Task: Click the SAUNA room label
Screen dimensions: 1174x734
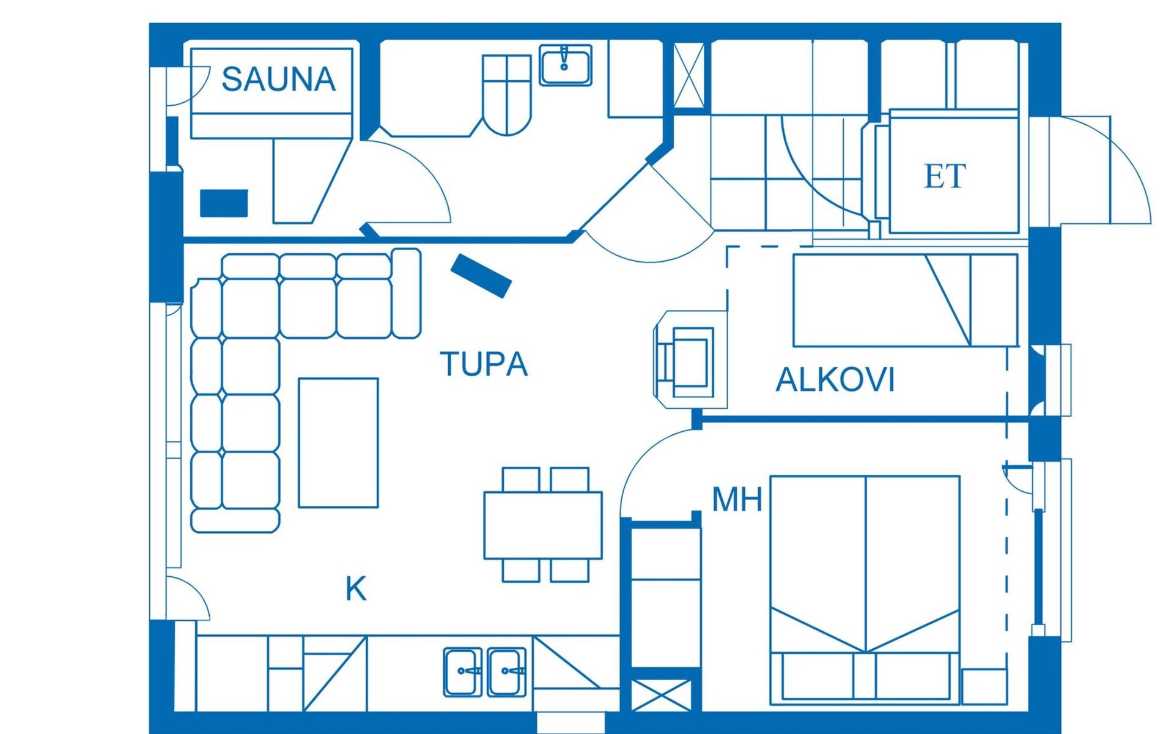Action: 279,79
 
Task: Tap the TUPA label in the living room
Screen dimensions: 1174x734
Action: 484,364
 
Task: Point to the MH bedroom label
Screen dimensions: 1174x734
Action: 737,499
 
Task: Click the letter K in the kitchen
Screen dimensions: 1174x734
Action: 356,589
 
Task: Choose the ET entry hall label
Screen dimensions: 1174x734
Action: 945,176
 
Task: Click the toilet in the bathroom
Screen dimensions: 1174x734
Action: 506,95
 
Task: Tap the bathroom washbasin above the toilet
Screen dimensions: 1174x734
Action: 565,65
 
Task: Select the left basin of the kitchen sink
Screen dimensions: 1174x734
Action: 462,672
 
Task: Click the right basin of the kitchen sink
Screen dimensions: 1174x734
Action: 507,672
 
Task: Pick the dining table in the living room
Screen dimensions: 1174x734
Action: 543,525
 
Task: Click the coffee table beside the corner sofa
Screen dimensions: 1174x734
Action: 338,443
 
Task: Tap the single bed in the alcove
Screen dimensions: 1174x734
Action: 906,300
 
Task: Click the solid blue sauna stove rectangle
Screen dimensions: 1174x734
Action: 224,203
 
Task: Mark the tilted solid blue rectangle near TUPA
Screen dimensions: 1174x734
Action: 481,276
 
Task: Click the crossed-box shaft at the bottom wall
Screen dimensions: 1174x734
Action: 661,696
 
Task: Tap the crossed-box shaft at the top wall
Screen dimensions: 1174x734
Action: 689,76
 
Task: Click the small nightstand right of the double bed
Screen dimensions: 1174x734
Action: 984,686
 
